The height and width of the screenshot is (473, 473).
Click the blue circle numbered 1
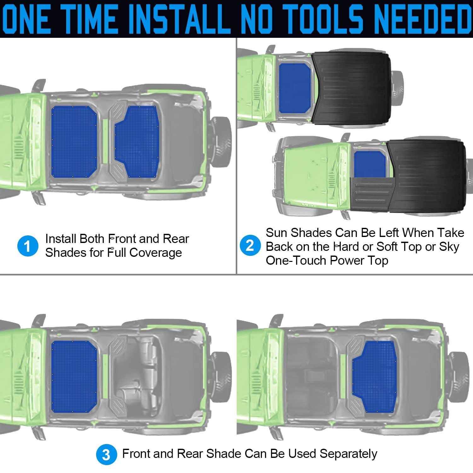pyautogui.click(x=28, y=246)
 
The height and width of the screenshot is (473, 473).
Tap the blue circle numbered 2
pyautogui.click(x=250, y=245)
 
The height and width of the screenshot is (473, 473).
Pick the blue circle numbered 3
pyautogui.click(x=107, y=454)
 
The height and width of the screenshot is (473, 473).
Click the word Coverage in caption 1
pyautogui.click(x=156, y=253)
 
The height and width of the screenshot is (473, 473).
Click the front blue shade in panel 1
pyautogui.click(x=74, y=142)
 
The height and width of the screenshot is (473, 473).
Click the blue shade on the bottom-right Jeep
pyautogui.click(x=374, y=377)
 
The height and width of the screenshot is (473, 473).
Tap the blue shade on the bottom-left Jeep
pyautogui.click(x=74, y=377)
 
